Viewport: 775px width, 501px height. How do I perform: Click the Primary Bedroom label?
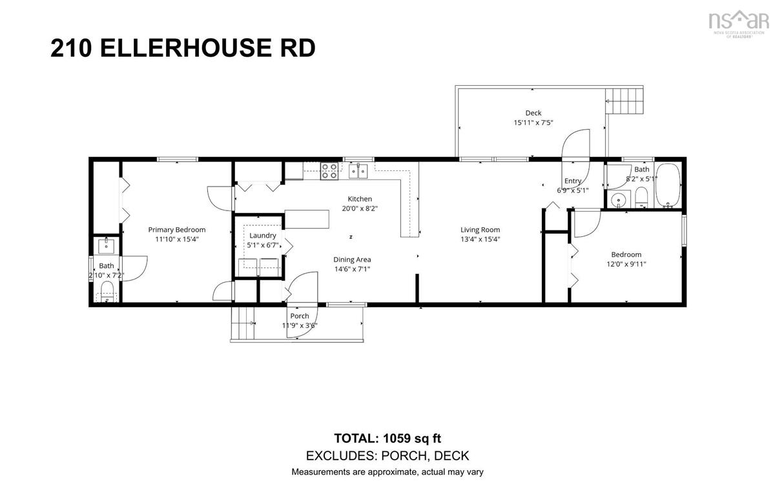click(177, 230)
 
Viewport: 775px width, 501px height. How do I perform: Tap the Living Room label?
click(480, 230)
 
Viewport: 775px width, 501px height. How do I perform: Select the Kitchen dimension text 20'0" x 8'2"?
click(360, 209)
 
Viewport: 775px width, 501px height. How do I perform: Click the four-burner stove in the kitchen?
click(329, 171)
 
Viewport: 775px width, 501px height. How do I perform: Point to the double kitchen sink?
click(358, 171)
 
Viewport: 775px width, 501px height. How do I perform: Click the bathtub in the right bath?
click(668, 185)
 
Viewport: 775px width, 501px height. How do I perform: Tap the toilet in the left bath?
click(107, 291)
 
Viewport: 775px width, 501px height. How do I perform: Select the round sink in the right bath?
click(618, 200)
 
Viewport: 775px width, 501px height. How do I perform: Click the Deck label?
click(533, 113)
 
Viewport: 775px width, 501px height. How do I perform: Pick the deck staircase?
click(624, 101)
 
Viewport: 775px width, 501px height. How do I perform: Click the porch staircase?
click(243, 323)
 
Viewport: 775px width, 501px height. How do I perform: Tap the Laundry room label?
click(263, 236)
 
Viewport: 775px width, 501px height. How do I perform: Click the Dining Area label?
click(352, 260)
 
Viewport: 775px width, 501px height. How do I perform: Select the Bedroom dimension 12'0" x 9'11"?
click(626, 264)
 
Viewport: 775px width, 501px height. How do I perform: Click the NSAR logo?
click(738, 23)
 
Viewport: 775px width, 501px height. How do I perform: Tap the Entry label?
click(573, 181)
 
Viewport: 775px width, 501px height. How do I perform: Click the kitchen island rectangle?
click(307, 219)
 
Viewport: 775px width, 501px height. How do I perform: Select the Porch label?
click(300, 316)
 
